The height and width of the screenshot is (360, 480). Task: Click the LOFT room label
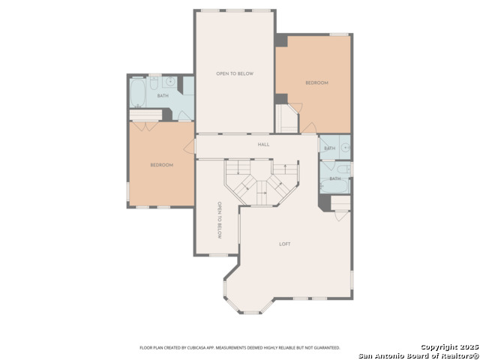285,244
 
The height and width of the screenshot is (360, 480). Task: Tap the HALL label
263,144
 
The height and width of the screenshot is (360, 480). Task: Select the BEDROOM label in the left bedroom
162,165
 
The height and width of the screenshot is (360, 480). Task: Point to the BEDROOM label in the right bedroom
316,82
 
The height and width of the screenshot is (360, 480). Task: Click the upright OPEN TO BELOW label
235,73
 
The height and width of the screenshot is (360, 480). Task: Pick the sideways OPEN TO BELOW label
219,220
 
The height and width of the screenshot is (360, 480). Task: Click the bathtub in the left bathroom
137,93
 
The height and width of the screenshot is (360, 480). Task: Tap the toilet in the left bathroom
154,82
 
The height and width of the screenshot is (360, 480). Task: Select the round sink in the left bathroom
169,82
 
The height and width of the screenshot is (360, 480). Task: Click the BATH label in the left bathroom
163,95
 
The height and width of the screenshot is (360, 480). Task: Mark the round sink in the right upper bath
346,148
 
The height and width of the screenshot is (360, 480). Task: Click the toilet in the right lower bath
343,169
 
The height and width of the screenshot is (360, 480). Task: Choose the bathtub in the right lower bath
334,186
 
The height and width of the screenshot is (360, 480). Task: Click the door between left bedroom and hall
190,146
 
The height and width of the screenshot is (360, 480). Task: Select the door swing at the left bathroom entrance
184,115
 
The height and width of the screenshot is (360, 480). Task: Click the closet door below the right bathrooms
341,215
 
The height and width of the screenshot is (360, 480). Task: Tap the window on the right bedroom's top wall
339,34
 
